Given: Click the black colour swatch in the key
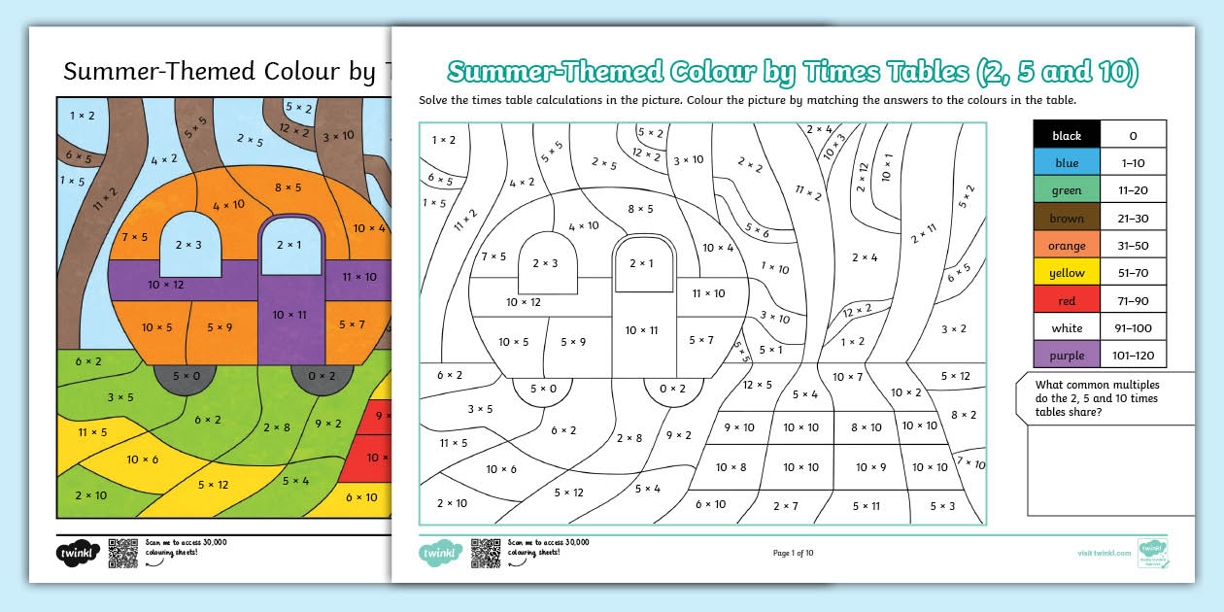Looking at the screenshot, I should point(1067,135).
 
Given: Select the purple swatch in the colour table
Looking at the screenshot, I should point(1067,355).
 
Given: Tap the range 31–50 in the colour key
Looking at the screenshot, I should point(1133,246).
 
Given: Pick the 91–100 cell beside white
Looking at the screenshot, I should point(1133,328).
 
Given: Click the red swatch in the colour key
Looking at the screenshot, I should point(1067,301).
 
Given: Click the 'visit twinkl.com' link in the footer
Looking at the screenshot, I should point(1104,553).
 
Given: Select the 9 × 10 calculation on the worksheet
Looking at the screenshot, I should point(738,427).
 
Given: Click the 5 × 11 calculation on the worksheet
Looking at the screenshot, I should point(866,505).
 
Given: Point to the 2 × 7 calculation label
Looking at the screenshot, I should point(785,505).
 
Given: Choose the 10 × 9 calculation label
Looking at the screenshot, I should point(869,467).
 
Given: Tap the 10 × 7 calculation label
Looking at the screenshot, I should point(847,377).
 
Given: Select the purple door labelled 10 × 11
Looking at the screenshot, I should point(289,314).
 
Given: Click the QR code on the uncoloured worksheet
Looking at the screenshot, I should point(485,553).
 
